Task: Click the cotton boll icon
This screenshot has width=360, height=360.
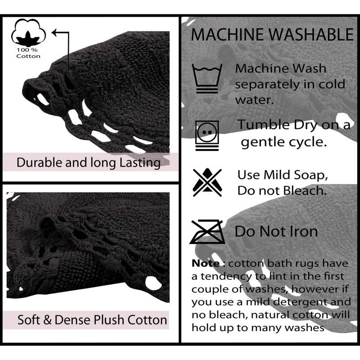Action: [x=28, y=32]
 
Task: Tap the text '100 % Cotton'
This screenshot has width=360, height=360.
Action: [x=28, y=53]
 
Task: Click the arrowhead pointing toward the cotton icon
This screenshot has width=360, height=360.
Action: [x=54, y=32]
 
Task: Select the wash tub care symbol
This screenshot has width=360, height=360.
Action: [x=207, y=78]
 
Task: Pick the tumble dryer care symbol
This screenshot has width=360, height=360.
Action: [x=207, y=136]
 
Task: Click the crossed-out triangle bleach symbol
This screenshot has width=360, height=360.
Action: [x=207, y=183]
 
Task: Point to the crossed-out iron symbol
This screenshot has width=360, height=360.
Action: [x=207, y=231]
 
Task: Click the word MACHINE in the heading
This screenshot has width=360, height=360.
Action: [x=228, y=35]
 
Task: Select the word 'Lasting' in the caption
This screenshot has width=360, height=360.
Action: [x=140, y=163]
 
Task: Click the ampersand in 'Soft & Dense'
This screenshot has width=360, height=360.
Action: [x=47, y=319]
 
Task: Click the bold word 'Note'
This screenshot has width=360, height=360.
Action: [x=206, y=263]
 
